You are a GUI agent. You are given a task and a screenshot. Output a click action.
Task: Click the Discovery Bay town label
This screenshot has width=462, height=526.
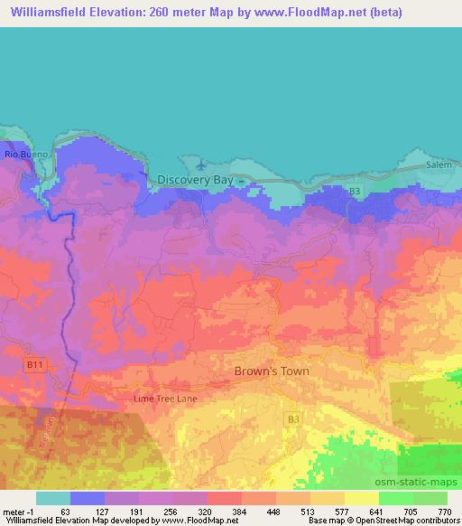pos(195,181)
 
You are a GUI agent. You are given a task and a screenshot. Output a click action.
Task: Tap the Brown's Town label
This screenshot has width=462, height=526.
pos(271,371)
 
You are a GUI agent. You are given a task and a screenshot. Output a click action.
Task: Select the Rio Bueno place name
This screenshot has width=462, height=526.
pos(24,155)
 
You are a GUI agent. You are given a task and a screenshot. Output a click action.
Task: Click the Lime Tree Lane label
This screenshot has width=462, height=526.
pos(165,398)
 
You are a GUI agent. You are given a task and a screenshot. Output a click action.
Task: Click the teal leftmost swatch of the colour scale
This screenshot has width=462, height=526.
pos(53,498)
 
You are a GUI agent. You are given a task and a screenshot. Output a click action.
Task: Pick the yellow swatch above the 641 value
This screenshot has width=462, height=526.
pos(361,498)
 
